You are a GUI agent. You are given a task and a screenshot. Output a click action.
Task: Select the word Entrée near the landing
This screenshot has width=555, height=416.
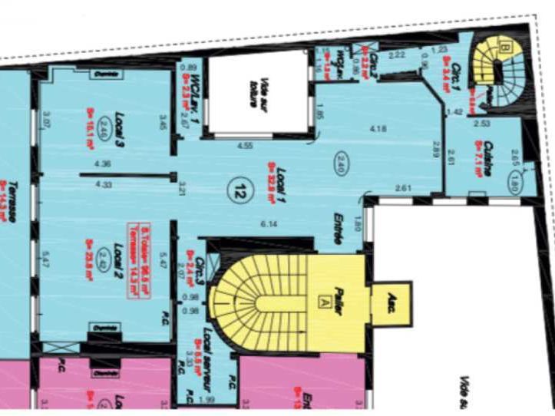pyautogui.click(x=336, y=229)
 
